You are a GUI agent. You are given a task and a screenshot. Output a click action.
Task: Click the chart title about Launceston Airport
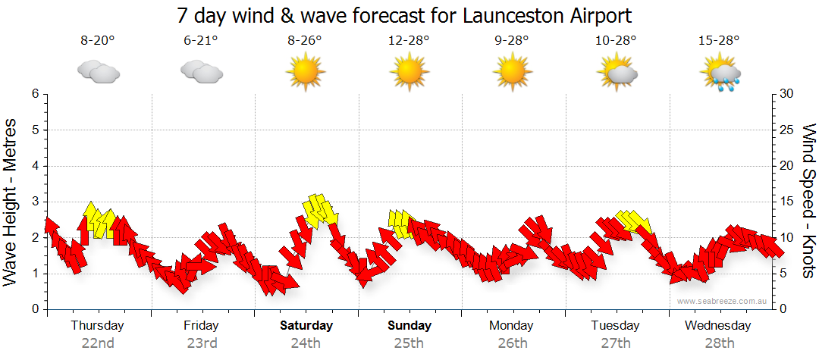click(x=404, y=15)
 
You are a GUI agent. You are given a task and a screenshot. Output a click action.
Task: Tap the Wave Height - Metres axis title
click(x=11, y=201)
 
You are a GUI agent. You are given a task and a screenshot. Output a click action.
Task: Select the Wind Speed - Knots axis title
click(x=808, y=201)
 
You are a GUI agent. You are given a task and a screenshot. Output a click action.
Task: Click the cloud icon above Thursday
click(x=98, y=71)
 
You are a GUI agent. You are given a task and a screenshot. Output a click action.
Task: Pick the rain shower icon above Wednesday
click(x=720, y=73)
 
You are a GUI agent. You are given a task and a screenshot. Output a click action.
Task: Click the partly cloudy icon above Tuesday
click(x=617, y=71)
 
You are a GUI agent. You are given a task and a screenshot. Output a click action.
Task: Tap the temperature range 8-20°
click(x=97, y=41)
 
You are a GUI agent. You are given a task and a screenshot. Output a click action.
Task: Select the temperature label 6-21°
click(x=201, y=41)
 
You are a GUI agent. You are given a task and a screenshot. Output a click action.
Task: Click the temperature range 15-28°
click(x=719, y=41)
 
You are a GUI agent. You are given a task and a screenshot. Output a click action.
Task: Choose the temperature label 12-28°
click(x=409, y=41)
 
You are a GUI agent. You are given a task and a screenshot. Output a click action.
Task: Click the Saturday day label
click(x=306, y=326)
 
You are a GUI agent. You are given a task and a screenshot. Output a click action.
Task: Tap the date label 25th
click(x=409, y=343)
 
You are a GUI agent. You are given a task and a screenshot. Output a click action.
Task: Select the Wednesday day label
click(x=717, y=326)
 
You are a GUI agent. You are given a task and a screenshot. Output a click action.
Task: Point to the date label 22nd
click(x=98, y=343)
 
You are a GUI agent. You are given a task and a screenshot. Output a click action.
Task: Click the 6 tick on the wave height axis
click(x=35, y=94)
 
